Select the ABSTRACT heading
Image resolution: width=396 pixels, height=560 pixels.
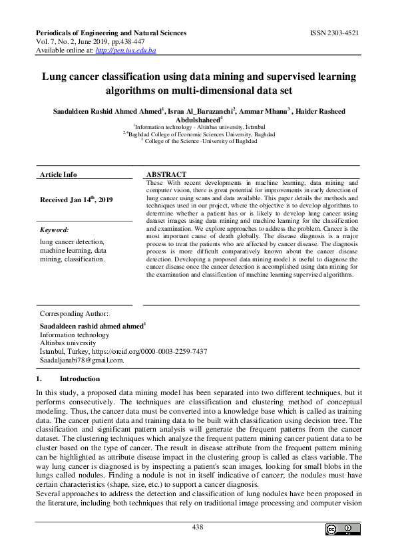pos(166,174)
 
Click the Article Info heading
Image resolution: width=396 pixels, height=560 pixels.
pos(59,174)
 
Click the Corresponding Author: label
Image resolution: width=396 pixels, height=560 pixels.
pos(74,313)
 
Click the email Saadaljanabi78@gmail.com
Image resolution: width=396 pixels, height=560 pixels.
pos(82,360)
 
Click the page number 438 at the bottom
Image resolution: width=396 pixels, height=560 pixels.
pos(198,527)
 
